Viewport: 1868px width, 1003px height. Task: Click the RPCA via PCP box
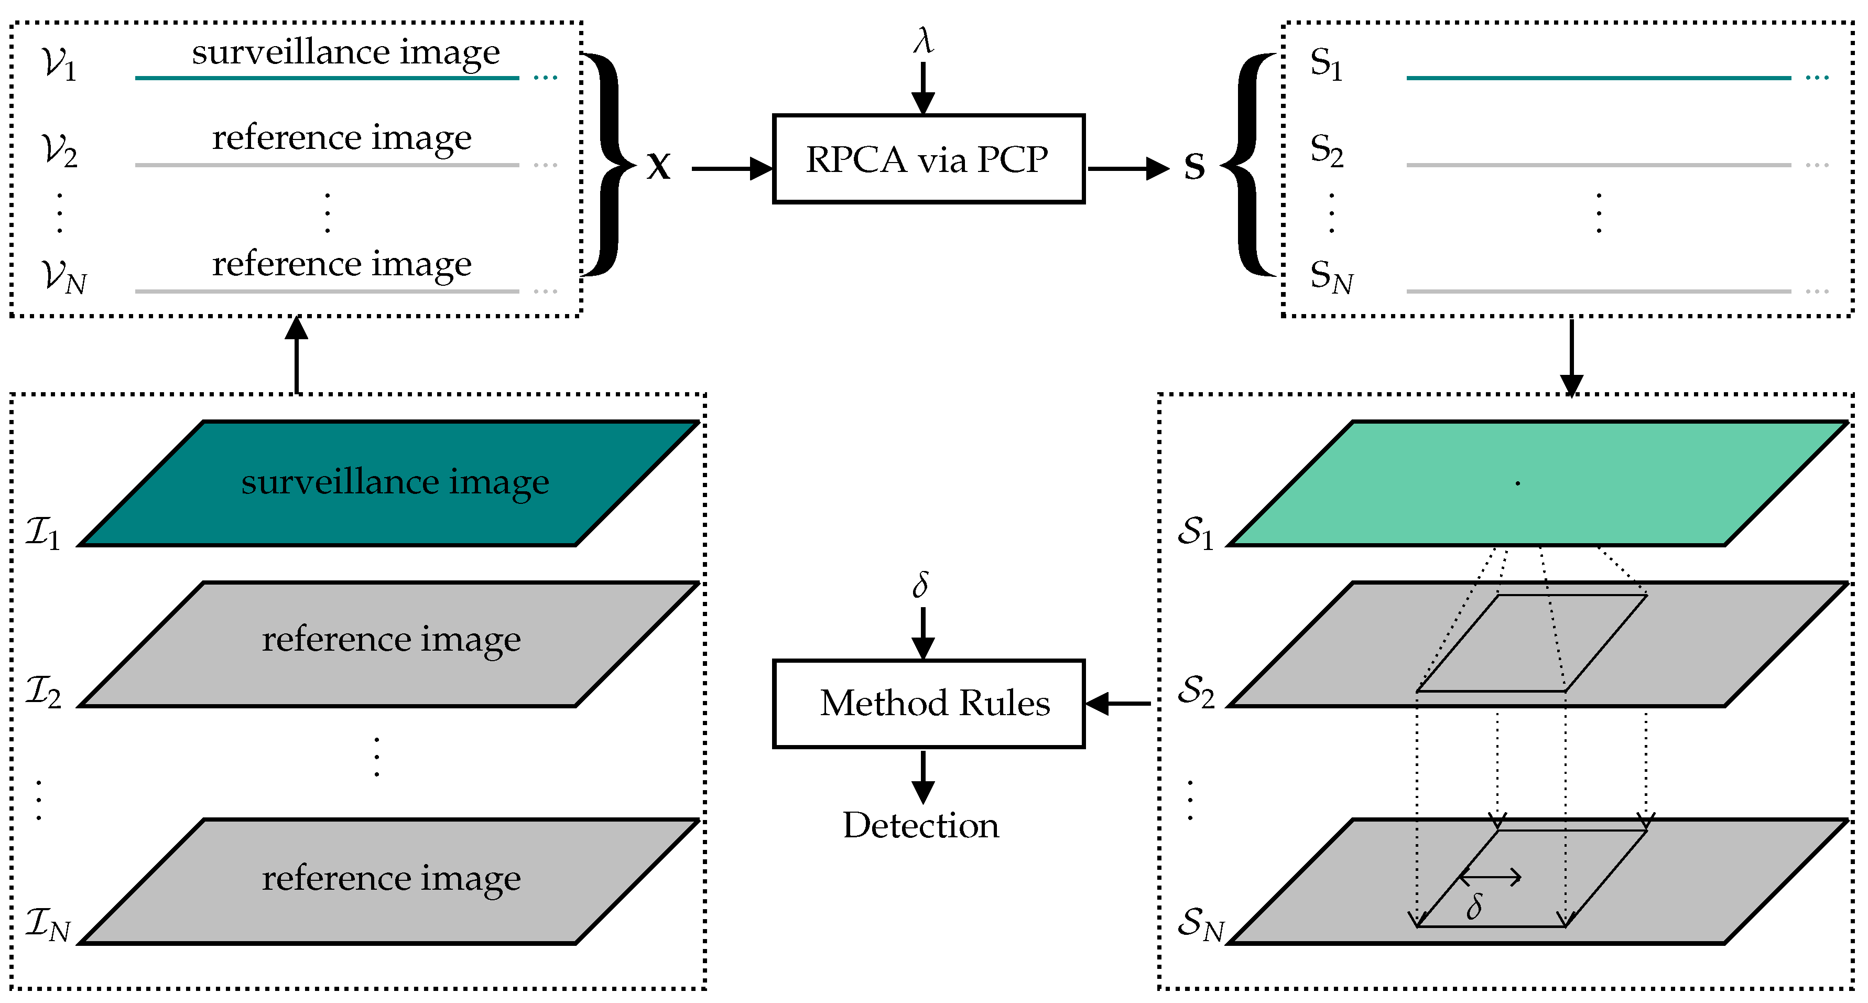(x=928, y=159)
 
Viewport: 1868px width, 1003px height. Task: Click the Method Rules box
(x=928, y=704)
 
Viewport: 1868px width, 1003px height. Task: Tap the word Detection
(x=920, y=825)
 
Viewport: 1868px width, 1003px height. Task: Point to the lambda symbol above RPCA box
(x=922, y=40)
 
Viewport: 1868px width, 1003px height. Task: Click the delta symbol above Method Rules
(x=920, y=584)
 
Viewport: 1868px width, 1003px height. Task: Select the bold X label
(x=658, y=167)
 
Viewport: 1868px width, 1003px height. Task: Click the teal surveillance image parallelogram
(x=392, y=483)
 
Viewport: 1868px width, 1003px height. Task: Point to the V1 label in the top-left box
(x=58, y=64)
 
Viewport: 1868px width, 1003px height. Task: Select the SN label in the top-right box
(x=1331, y=276)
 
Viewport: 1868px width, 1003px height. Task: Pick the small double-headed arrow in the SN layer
(x=1490, y=878)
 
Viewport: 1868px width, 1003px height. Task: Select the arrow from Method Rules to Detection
(x=922, y=776)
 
